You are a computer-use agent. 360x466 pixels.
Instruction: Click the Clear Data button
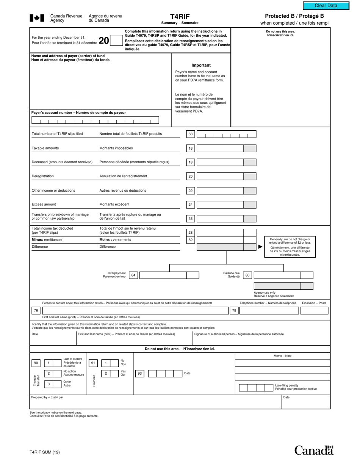click(x=326, y=6)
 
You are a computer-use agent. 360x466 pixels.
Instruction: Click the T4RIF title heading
click(x=180, y=17)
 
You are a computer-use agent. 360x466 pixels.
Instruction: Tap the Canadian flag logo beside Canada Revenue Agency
click(x=37, y=18)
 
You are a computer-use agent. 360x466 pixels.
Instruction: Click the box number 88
click(x=191, y=134)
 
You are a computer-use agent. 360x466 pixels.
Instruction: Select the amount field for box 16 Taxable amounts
click(x=220, y=149)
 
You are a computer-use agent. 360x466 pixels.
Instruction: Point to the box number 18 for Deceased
click(x=191, y=163)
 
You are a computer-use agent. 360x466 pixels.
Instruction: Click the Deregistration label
click(x=43, y=176)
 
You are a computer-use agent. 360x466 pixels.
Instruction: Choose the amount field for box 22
click(x=220, y=191)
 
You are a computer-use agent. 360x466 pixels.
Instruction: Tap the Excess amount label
click(x=44, y=205)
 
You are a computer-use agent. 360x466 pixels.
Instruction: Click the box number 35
click(x=191, y=219)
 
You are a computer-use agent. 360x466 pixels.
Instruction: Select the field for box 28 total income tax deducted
click(x=220, y=232)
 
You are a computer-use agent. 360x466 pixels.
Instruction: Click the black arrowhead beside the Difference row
click(x=260, y=247)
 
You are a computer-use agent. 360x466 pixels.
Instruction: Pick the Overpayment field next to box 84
click(x=163, y=275)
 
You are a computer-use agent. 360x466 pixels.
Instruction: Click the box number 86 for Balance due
click(x=247, y=275)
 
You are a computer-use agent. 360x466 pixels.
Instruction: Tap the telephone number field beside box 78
click(x=269, y=311)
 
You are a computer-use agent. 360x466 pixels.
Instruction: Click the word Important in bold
click(x=201, y=65)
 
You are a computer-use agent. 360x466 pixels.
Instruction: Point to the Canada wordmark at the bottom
click(x=314, y=450)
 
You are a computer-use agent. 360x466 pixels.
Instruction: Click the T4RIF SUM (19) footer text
click(x=45, y=452)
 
